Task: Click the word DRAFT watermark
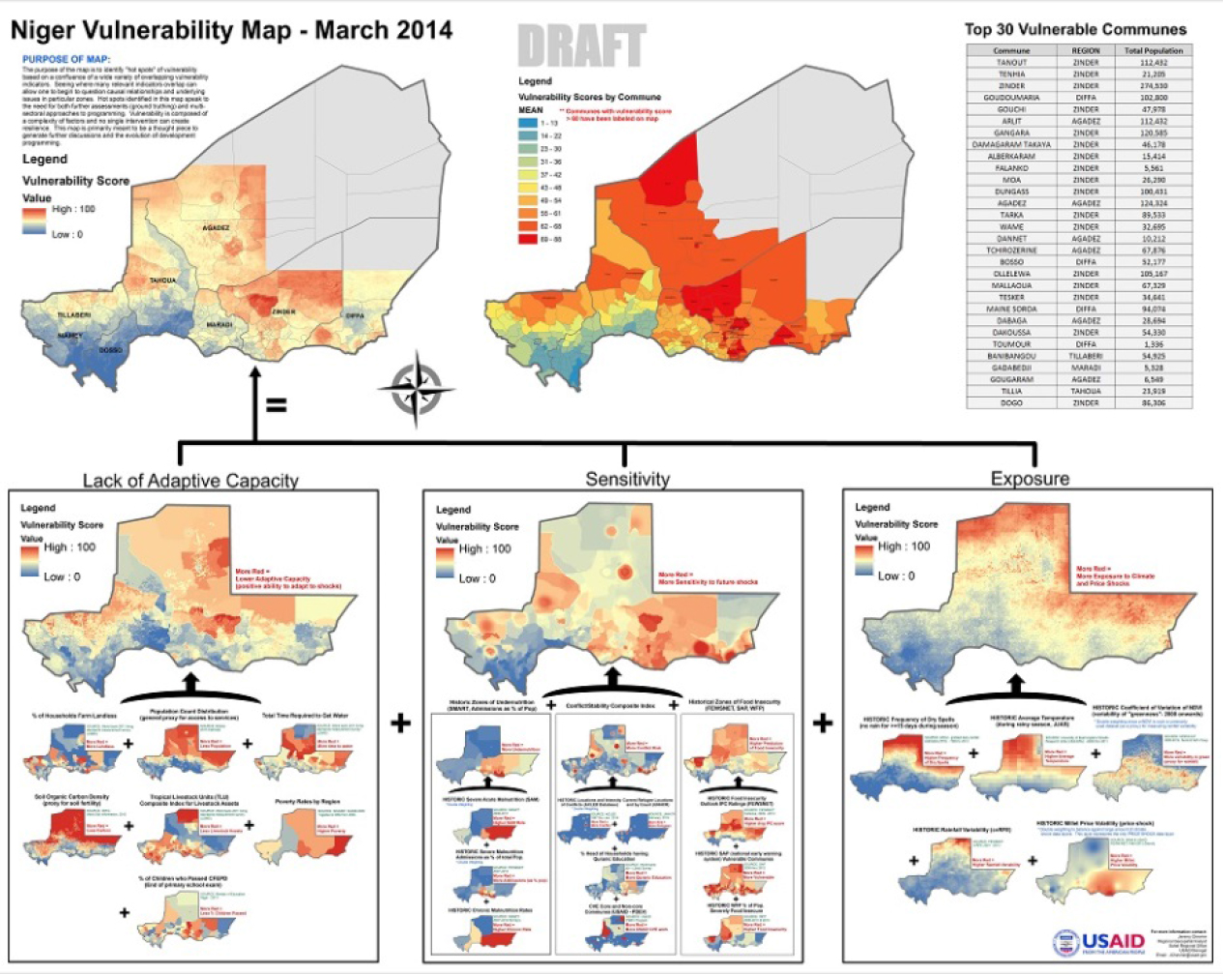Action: (581, 46)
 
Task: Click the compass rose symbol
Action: (416, 390)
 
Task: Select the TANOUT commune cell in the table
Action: (1011, 63)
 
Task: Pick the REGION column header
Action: (1085, 50)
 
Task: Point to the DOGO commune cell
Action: (1011, 402)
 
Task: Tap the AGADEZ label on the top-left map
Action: (216, 228)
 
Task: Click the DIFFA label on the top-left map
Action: (355, 315)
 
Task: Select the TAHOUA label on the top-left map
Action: (162, 280)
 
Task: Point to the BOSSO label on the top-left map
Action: (111, 349)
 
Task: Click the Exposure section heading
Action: (1030, 479)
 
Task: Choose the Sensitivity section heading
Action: (627, 479)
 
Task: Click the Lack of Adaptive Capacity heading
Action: (190, 481)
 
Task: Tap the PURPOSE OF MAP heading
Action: (66, 60)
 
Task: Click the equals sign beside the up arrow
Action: (277, 405)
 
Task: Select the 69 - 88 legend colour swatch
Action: (528, 239)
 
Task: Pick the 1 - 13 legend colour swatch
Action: (528, 124)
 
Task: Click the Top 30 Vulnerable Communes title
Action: (1075, 29)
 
